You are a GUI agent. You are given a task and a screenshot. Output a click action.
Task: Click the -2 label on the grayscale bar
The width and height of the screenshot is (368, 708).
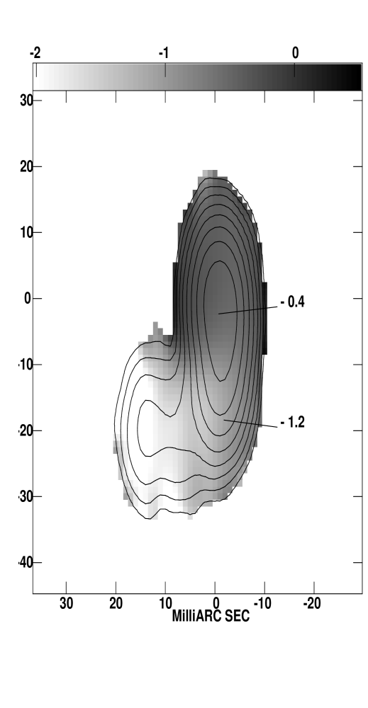tap(35, 53)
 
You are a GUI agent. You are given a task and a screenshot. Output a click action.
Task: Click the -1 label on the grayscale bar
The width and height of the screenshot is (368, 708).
tap(164, 53)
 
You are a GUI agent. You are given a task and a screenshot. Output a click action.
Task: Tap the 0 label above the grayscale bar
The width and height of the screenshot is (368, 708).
tap(295, 53)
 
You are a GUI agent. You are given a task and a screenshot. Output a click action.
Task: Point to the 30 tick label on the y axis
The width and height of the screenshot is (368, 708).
tap(27, 101)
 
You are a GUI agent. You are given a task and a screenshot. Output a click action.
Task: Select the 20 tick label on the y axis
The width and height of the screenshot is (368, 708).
tap(27, 166)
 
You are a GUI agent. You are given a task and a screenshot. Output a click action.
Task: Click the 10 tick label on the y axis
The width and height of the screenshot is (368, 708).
tap(27, 232)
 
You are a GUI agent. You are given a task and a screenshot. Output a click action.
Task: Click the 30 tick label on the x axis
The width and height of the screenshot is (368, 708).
tap(67, 603)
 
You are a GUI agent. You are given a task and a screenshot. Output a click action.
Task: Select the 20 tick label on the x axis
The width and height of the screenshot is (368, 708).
tap(116, 603)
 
